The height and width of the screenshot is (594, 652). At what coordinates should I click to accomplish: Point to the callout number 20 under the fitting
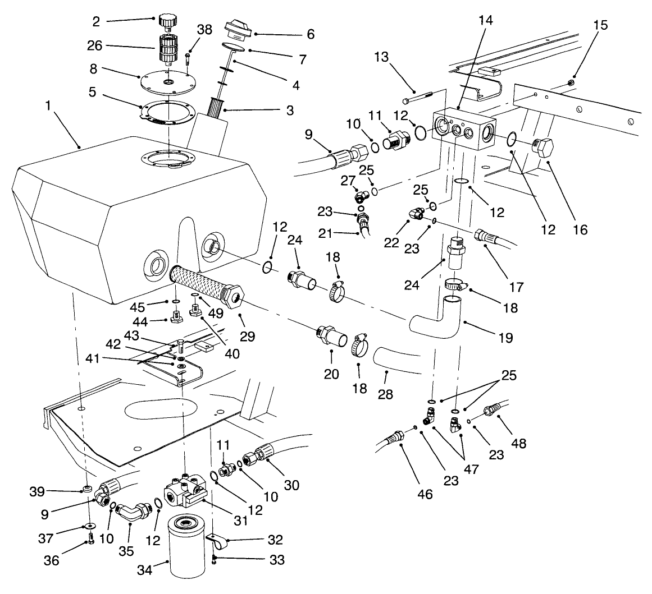(331, 373)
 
